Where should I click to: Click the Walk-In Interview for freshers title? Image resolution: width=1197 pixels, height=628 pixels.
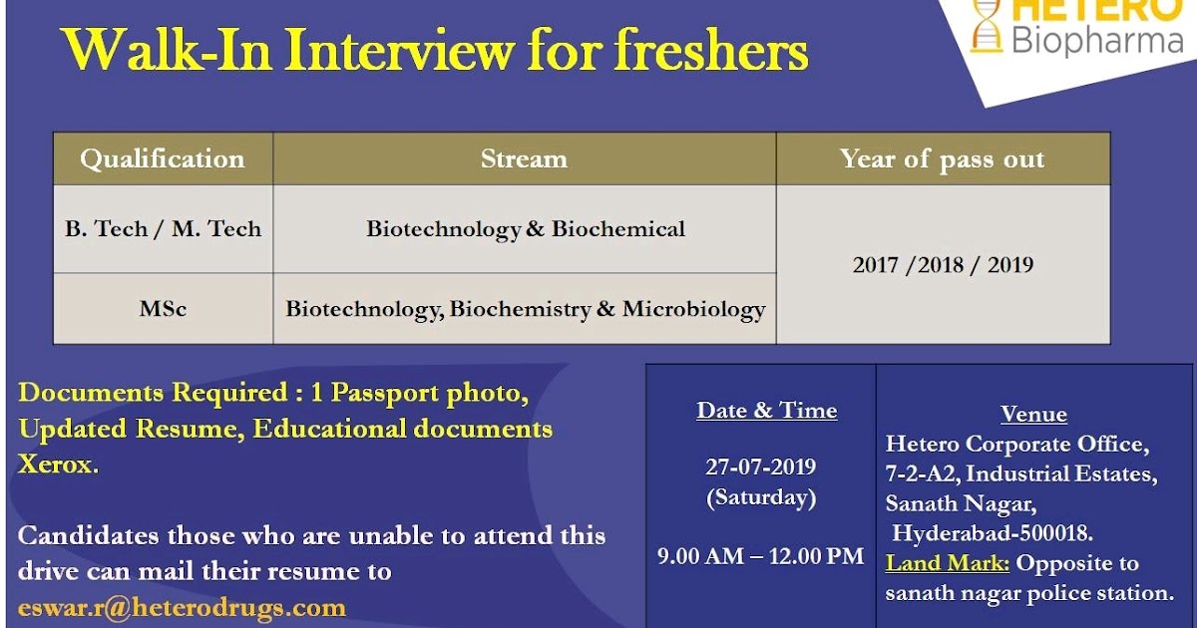435,50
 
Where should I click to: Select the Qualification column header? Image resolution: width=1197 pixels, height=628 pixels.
163,159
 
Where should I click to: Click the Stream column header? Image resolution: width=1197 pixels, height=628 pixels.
524,159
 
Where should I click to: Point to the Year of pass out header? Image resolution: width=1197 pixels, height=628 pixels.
942,159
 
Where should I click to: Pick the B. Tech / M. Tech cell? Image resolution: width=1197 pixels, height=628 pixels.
163,229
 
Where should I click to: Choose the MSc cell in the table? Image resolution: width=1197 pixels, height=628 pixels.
163,309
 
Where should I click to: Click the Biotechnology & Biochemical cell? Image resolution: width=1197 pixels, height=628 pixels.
525,229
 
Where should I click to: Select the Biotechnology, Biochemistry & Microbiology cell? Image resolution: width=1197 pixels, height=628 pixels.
525,309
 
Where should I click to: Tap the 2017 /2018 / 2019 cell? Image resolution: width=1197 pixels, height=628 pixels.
942,265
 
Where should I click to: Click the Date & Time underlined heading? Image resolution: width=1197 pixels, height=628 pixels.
766,411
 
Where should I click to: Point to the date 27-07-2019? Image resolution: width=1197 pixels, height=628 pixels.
760,467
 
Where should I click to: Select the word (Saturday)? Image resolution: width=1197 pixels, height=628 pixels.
760,496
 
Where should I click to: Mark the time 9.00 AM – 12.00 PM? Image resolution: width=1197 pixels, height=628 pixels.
760,556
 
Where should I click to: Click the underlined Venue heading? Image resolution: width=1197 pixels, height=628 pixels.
1033,415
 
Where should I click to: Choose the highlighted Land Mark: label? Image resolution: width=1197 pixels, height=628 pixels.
948,563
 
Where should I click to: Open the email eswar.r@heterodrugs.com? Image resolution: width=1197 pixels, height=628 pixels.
182,607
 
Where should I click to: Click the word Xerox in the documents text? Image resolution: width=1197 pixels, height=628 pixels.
57,465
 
